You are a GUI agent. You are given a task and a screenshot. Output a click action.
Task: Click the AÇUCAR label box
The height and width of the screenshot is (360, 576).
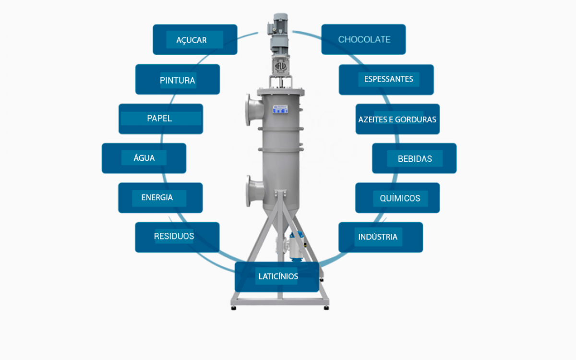coord(195,39)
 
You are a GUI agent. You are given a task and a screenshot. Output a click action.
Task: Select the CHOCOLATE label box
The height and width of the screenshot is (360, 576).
coord(363,39)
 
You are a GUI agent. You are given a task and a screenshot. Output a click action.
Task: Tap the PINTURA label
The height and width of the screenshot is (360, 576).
coord(178,80)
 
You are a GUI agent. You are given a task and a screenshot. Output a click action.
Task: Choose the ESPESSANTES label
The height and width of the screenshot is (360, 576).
coord(386,80)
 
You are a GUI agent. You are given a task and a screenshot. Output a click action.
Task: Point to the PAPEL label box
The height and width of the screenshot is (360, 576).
coord(161,119)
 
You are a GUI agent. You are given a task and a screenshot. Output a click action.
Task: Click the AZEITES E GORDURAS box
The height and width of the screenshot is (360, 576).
coord(397,119)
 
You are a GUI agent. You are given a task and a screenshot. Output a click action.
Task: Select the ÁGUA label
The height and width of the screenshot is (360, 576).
coord(144,158)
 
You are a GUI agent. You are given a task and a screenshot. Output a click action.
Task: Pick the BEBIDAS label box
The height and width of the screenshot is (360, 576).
coord(414,158)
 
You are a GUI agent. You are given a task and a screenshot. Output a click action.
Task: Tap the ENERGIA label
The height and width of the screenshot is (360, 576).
coord(160,198)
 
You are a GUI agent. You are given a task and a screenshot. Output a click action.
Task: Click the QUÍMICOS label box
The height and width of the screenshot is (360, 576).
coord(397,198)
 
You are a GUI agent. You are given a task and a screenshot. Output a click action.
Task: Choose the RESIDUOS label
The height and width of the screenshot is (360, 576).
coord(177,237)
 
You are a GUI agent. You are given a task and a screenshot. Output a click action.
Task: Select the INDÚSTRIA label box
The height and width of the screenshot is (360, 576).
coord(381,237)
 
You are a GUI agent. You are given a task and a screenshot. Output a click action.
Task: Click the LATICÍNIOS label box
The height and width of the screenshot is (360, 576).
coord(277,276)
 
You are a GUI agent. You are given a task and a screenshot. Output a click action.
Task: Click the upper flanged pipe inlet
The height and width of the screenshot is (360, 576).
coord(254,110)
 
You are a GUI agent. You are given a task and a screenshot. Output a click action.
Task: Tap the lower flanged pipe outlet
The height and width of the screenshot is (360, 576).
coord(254,191)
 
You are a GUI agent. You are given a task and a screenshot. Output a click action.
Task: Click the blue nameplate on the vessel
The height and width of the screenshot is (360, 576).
coord(280,109)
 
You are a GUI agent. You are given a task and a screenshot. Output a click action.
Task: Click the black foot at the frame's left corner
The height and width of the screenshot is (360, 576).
coord(233,308)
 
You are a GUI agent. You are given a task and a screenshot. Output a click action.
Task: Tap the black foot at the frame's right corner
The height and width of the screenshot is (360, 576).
coord(326,308)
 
